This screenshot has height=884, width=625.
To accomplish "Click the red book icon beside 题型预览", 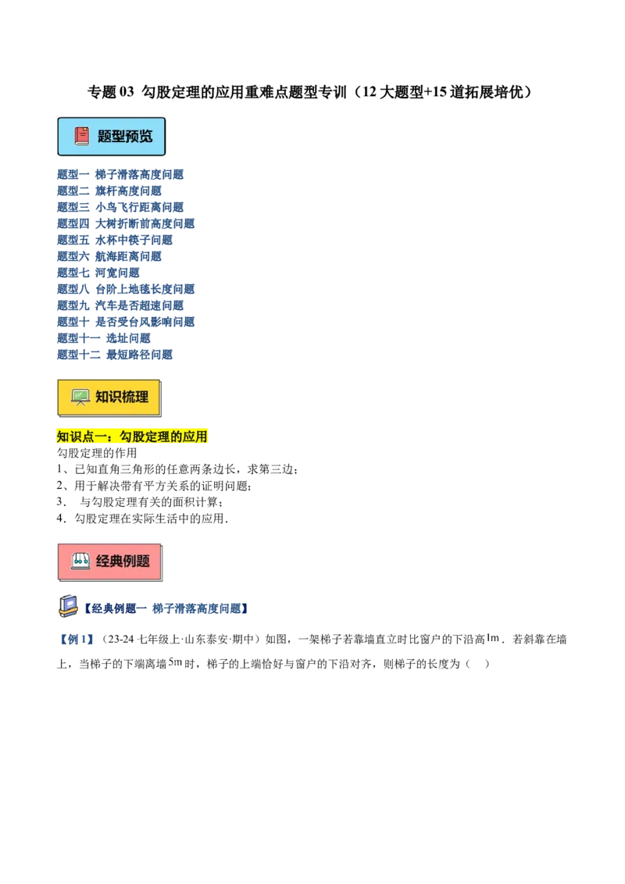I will pyautogui.click(x=82, y=136).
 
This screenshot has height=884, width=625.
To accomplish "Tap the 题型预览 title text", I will pyautogui.click(x=125, y=136).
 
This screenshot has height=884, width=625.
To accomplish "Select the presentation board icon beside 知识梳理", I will pyautogui.click(x=80, y=397).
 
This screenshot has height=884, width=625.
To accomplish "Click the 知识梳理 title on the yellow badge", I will pyautogui.click(x=122, y=397).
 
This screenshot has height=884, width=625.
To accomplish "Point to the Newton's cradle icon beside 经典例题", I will pyautogui.click(x=80, y=561).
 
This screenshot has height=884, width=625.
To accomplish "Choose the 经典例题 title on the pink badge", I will pyautogui.click(x=123, y=561).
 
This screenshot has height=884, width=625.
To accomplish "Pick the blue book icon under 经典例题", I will pyautogui.click(x=69, y=607).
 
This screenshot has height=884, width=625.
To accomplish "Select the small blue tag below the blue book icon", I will pyautogui.click(x=75, y=640).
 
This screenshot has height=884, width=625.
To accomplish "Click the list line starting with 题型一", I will pyautogui.click(x=121, y=175).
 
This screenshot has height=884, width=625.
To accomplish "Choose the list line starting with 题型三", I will pyautogui.click(x=121, y=207).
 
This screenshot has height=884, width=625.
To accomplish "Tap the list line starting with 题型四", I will pyautogui.click(x=127, y=223).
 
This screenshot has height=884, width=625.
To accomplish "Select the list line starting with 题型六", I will pyautogui.click(x=109, y=256).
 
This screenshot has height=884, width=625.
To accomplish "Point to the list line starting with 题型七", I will pyautogui.click(x=99, y=273).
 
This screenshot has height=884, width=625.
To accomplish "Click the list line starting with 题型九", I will pyautogui.click(x=121, y=305).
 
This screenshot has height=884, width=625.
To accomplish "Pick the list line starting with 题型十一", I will pyautogui.click(x=105, y=337).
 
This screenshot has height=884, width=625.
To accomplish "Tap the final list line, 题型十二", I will pyautogui.click(x=115, y=354).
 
